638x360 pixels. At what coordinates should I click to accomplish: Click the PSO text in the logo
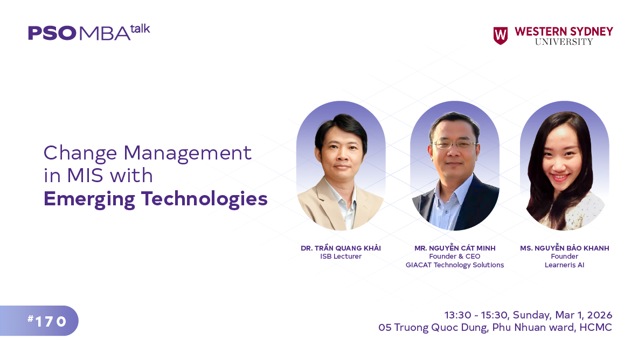(x=52, y=33)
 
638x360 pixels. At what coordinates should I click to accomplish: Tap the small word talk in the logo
(x=140, y=29)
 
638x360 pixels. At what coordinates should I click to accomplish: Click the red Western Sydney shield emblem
(x=501, y=36)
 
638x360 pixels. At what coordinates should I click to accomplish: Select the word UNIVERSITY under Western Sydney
(x=564, y=42)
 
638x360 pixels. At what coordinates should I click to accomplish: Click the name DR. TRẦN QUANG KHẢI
(x=341, y=248)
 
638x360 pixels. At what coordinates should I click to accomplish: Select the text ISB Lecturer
(x=341, y=257)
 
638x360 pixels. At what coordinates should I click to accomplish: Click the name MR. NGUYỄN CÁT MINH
(x=454, y=248)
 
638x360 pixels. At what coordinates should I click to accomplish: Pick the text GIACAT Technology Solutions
(x=454, y=265)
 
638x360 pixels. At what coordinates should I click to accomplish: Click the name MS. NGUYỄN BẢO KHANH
(x=564, y=248)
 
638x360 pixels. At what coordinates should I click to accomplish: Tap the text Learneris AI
(x=564, y=265)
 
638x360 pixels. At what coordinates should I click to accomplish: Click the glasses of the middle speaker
(x=455, y=144)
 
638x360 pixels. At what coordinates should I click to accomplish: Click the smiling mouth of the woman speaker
(x=560, y=177)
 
